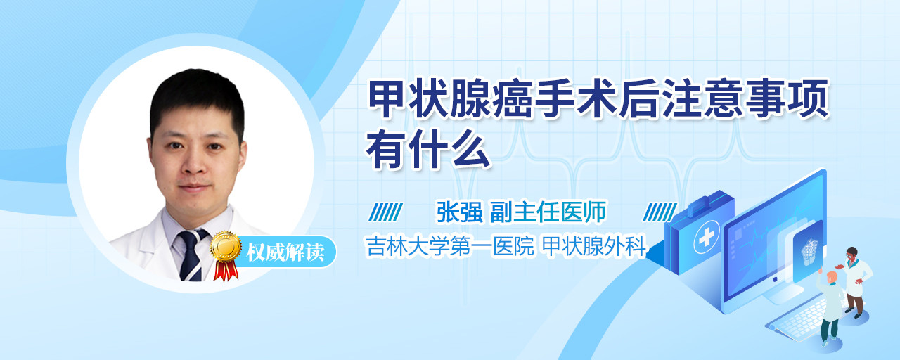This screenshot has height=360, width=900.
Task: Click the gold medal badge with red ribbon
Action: (x=226, y=255)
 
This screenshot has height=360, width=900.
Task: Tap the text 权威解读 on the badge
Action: (x=285, y=252)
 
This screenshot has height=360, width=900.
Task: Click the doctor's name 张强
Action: (x=460, y=212)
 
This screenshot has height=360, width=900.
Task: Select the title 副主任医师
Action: (x=548, y=212)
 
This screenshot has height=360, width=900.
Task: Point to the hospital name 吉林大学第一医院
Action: (x=450, y=246)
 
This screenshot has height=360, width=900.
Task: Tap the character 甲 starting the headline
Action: (x=387, y=99)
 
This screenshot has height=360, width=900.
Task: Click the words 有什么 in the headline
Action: (x=428, y=149)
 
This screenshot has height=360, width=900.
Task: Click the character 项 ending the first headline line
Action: (x=809, y=99)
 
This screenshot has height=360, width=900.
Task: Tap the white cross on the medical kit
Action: (x=707, y=238)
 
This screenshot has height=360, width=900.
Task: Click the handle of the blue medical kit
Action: (x=702, y=203)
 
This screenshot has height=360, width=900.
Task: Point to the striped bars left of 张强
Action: (x=385, y=212)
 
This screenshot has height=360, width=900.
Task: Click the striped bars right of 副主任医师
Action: (x=660, y=212)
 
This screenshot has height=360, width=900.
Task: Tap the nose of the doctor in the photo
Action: (x=195, y=164)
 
